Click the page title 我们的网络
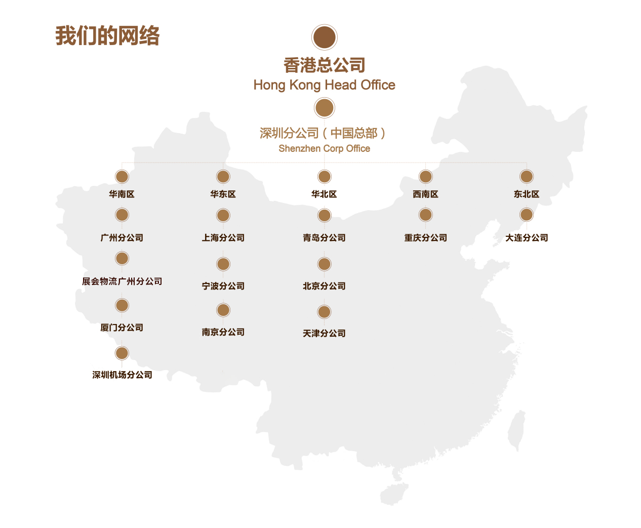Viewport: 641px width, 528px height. tap(107, 36)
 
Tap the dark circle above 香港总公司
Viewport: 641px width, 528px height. tap(325, 37)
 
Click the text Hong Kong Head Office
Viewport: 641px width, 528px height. tap(324, 85)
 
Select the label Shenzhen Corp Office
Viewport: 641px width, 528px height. tap(324, 148)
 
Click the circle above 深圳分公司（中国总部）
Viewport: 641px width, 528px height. tap(325, 108)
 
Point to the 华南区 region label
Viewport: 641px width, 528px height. tap(122, 194)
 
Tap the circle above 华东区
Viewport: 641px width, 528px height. tap(223, 177)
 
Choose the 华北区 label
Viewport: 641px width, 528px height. tap(324, 194)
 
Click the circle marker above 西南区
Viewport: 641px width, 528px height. tap(426, 177)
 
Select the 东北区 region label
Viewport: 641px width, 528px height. tap(527, 194)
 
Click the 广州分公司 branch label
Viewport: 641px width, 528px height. tap(122, 237)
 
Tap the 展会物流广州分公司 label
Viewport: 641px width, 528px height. tap(122, 281)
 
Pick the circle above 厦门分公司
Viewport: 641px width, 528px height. tap(122, 305)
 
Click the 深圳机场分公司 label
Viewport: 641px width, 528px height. tap(122, 375)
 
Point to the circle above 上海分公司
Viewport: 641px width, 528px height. tap(223, 215)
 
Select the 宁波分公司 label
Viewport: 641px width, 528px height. tap(223, 286)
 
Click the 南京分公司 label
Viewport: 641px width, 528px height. tap(223, 332)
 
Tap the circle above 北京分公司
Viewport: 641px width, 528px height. tap(325, 264)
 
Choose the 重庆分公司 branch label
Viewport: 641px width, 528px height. tap(426, 237)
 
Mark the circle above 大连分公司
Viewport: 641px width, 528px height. tap(527, 215)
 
